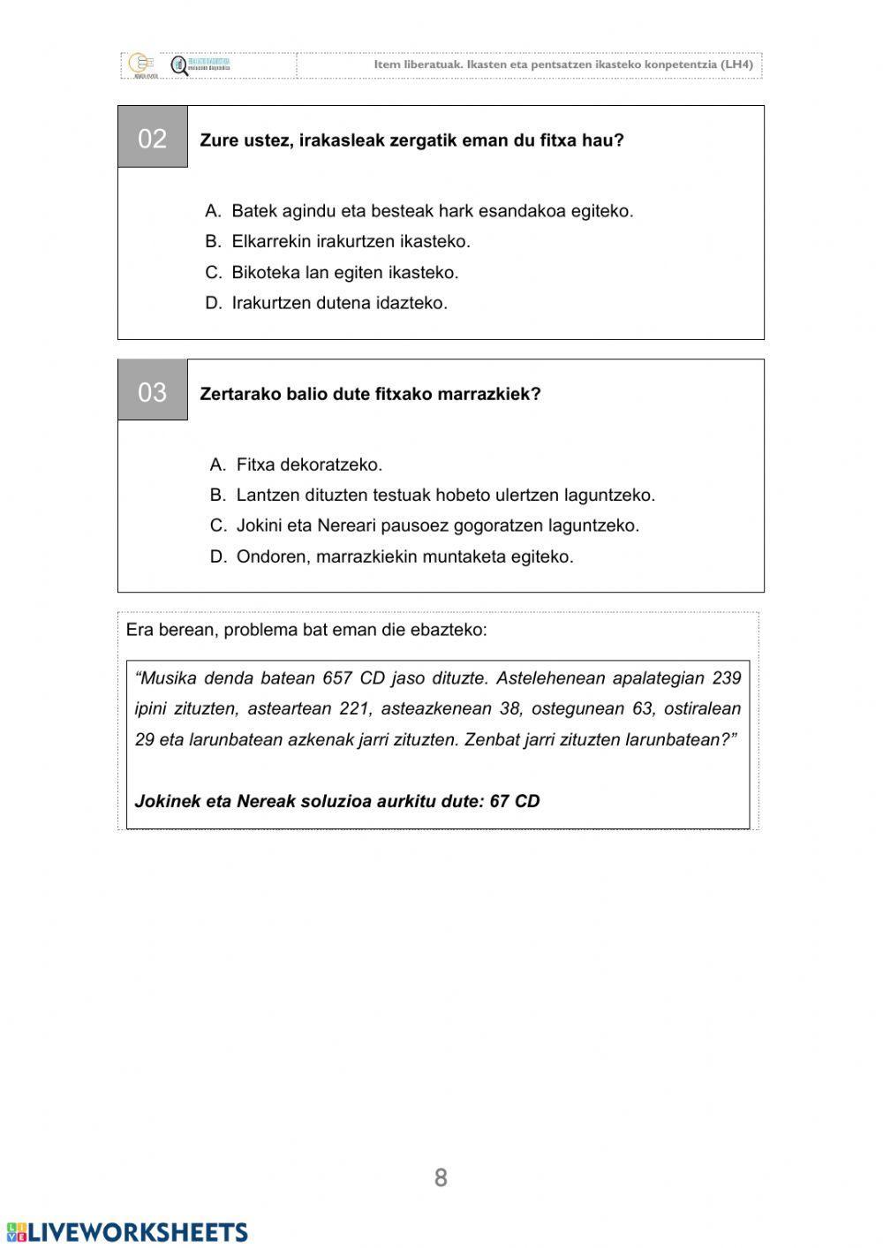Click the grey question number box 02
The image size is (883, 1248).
pyautogui.click(x=153, y=138)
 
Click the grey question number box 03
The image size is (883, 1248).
pyautogui.click(x=153, y=391)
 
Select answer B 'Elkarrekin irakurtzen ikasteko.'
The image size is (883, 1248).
pyautogui.click(x=351, y=241)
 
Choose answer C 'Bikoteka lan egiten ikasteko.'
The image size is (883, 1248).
pyautogui.click(x=344, y=272)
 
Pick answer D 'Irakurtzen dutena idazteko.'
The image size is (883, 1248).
pyautogui.click(x=339, y=303)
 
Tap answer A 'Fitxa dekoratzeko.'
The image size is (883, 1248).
pyautogui.click(x=309, y=465)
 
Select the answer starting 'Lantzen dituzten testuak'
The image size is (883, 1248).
pyautogui.click(x=445, y=495)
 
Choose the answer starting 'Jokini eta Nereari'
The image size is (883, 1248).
pyautogui.click(x=437, y=526)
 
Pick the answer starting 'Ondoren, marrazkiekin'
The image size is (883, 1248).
pyautogui.click(x=404, y=556)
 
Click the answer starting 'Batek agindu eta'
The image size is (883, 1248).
pyautogui.click(x=432, y=211)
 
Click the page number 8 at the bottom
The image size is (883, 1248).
pyautogui.click(x=441, y=1177)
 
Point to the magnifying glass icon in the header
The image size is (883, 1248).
pyautogui.click(x=179, y=66)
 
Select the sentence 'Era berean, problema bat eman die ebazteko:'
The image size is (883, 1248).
pyautogui.click(x=306, y=630)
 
